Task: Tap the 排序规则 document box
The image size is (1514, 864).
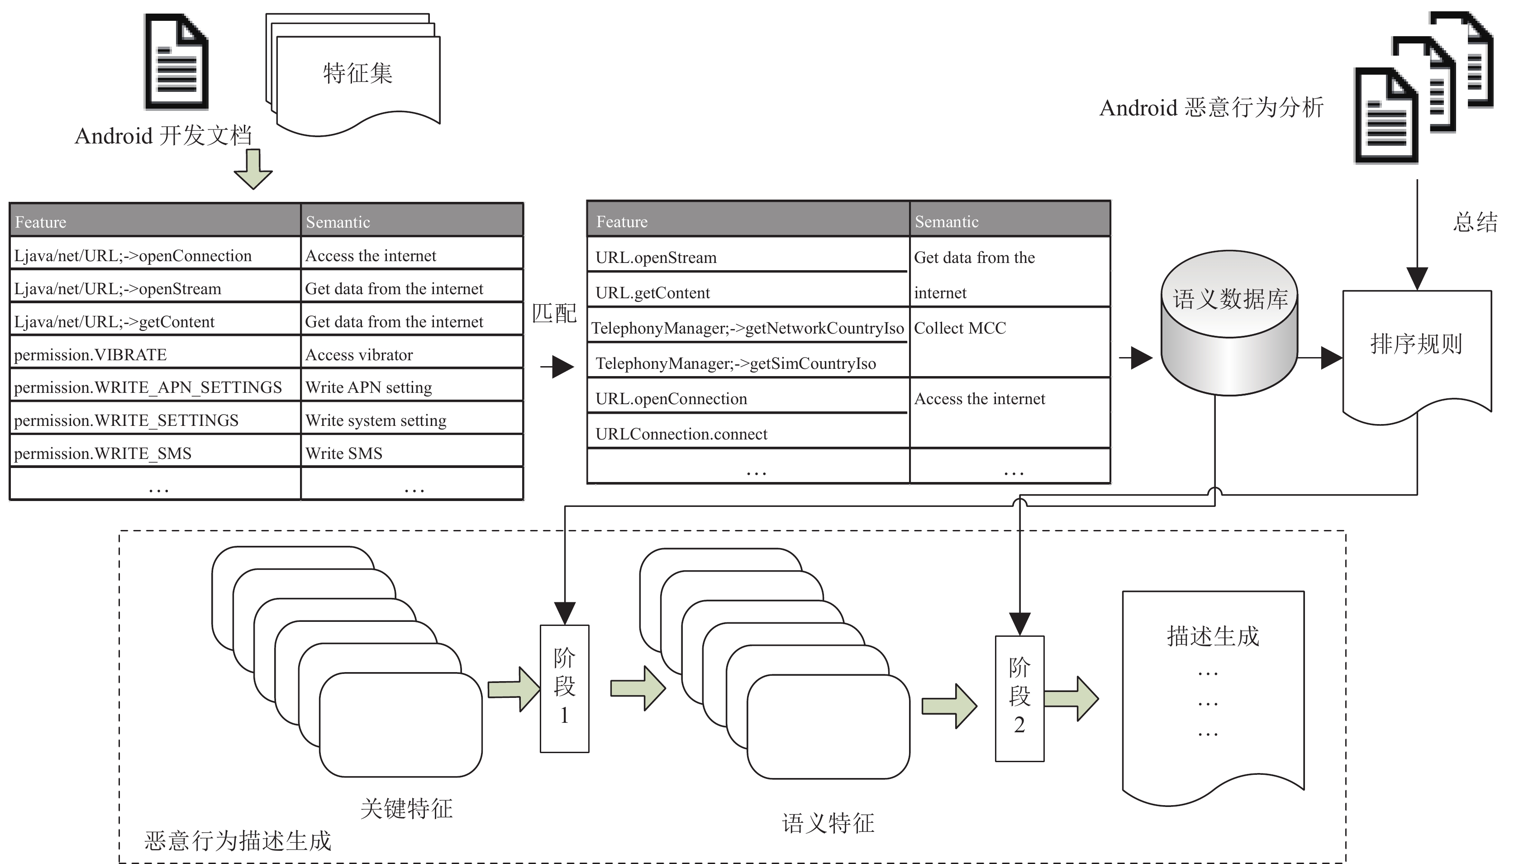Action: [x=1417, y=356]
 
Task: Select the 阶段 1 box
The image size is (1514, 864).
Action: [x=564, y=688]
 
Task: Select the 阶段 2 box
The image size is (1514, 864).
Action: [x=1019, y=698]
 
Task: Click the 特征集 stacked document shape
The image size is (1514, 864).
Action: [x=353, y=74]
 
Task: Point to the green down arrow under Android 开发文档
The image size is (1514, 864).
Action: [x=253, y=169]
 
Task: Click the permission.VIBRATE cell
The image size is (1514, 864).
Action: [x=156, y=354]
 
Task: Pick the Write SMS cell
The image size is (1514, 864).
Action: [x=412, y=453]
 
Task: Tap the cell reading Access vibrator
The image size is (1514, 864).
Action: [x=412, y=354]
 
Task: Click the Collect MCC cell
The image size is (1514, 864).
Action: [x=1010, y=342]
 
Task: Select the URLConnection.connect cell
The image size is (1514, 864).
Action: [x=748, y=433]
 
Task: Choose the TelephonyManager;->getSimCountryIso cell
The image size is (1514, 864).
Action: [x=748, y=363]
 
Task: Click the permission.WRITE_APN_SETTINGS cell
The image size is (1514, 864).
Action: [x=156, y=387]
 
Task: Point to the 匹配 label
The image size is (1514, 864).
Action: [x=554, y=313]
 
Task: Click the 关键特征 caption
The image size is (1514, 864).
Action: [x=406, y=809]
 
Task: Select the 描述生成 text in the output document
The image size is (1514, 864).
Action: [x=1213, y=636]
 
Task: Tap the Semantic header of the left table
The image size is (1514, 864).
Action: [x=412, y=221]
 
